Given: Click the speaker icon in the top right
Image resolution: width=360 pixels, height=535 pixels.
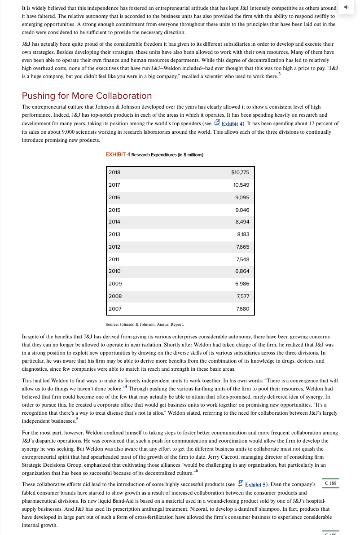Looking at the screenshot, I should pyautogui.click(x=346, y=8).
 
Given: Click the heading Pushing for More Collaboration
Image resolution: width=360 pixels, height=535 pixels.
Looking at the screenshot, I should pyautogui.click(x=87, y=96).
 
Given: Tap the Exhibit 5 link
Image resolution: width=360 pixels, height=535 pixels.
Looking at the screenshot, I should pyautogui.click(x=255, y=484).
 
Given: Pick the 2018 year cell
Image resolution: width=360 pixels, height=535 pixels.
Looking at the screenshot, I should pyautogui.click(x=114, y=172).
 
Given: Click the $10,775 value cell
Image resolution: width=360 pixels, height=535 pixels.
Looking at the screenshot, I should pyautogui.click(x=240, y=172).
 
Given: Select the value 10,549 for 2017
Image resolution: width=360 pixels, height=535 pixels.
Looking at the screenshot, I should pyautogui.click(x=241, y=185).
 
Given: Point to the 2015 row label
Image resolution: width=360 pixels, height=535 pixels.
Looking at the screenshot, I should pyautogui.click(x=114, y=210).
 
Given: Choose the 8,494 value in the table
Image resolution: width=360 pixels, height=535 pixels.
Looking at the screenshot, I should pyautogui.click(x=242, y=222).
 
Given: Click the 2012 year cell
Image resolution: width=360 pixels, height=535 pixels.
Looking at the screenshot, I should pyautogui.click(x=114, y=247).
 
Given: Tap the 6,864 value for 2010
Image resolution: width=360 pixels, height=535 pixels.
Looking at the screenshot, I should pyautogui.click(x=242, y=271).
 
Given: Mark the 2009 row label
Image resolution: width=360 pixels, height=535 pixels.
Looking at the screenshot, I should pyautogui.click(x=115, y=284).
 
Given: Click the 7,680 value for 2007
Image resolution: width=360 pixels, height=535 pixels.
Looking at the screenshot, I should pyautogui.click(x=242, y=309).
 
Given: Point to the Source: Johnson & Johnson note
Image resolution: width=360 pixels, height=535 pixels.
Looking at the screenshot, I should pyautogui.click(x=144, y=324).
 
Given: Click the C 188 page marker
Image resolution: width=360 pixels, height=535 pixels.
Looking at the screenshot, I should pyautogui.click(x=331, y=483).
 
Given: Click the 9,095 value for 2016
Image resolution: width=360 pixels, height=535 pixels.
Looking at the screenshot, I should pyautogui.click(x=242, y=197).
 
